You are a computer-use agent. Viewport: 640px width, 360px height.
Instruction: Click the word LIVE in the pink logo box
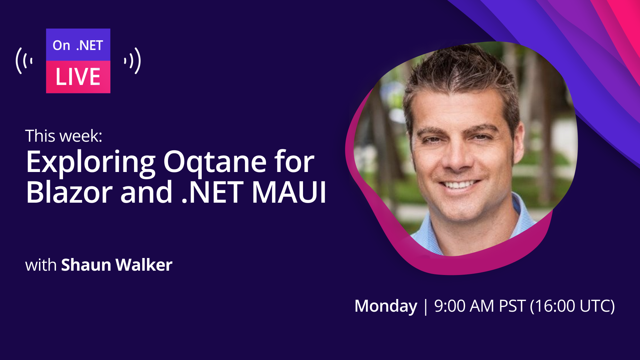point(78,77)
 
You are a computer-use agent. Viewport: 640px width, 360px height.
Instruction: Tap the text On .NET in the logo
point(78,45)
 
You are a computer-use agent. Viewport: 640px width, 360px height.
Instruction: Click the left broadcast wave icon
point(24,61)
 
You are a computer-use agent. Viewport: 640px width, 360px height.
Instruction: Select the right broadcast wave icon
point(132,61)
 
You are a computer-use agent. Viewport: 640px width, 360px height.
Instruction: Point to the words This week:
point(64,136)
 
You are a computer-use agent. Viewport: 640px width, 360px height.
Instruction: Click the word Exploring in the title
point(91,162)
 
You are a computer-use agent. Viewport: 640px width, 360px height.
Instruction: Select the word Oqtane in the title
point(215,162)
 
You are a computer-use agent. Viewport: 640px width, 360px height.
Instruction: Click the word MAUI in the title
point(289,192)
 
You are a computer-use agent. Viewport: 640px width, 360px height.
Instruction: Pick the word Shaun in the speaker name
point(86,265)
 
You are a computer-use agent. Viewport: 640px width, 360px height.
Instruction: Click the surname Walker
point(144,265)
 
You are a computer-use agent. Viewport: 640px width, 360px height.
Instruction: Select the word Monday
point(386,306)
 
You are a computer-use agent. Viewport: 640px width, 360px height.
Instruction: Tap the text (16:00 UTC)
point(572,306)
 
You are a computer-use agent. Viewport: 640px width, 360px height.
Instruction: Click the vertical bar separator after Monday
point(426,307)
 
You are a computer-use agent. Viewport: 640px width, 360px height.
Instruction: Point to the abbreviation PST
point(512,306)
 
